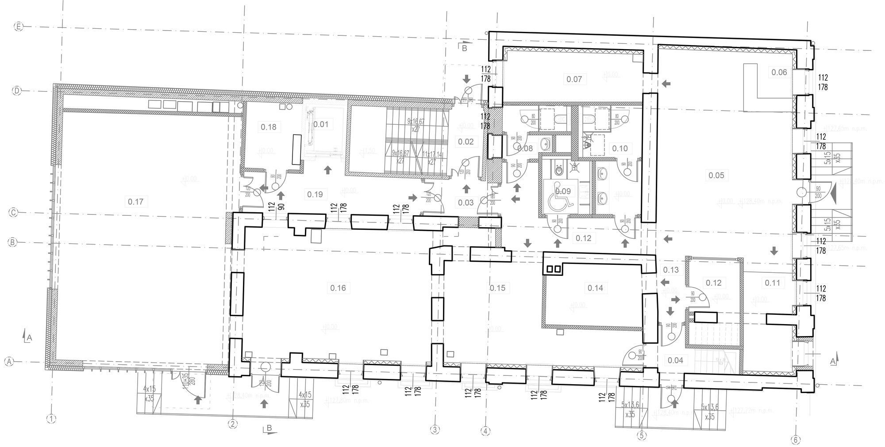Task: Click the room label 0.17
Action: pos(135,202)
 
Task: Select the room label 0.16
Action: pos(338,288)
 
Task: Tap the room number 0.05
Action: pos(716,176)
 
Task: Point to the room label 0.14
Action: pos(595,288)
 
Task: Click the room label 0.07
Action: pos(574,80)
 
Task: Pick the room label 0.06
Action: pos(779,73)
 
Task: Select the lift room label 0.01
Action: pos(320,124)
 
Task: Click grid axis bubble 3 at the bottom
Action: pos(435,429)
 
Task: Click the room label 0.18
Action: pos(268,127)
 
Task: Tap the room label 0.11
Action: pos(772,283)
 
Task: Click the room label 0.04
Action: pos(675,360)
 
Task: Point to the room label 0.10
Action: pos(620,149)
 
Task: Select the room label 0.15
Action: pos(497,288)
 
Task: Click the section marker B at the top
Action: pos(464,48)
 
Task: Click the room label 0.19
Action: pos(315,194)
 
